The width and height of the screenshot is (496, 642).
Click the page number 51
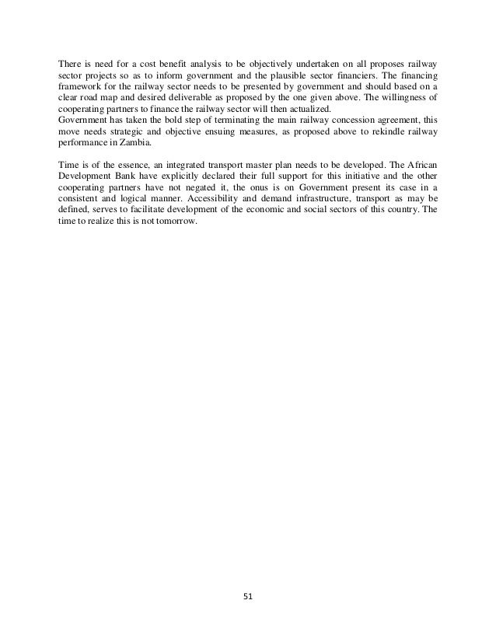247,597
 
